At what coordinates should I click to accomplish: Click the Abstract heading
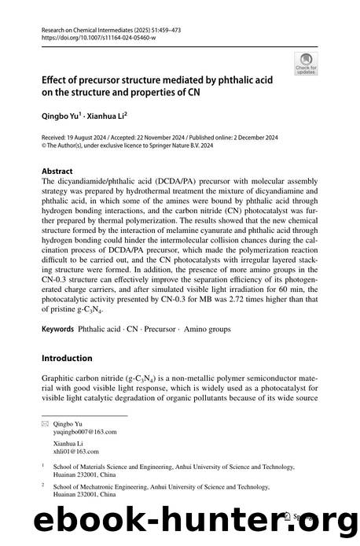(x=57, y=170)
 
